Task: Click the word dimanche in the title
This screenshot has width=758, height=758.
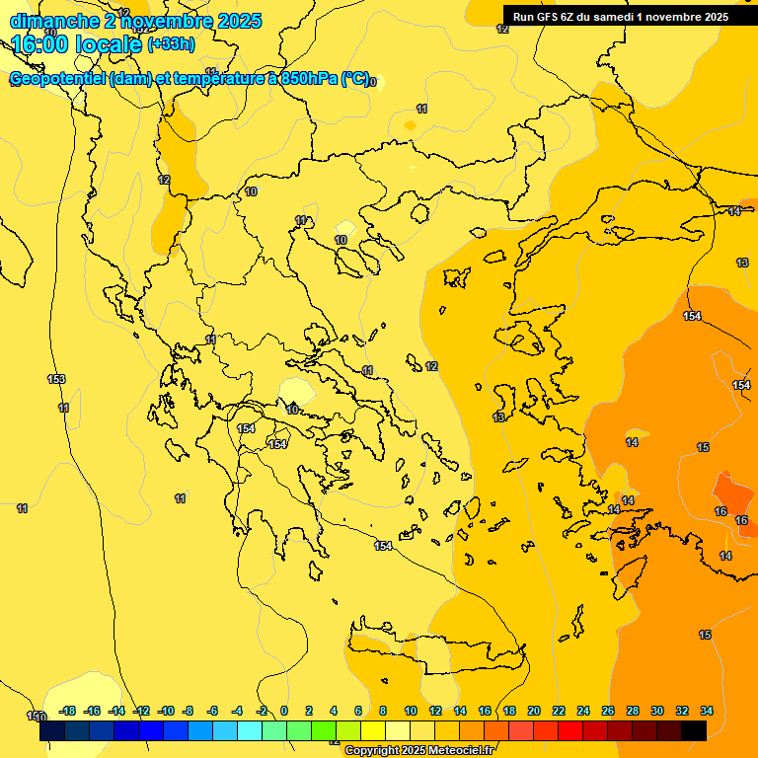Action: tap(52, 21)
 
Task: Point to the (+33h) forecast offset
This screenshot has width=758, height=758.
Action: tap(171, 44)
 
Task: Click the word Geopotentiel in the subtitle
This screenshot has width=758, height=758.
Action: tap(58, 79)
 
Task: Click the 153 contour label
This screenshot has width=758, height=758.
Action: tap(56, 379)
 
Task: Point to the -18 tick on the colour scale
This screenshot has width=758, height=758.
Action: tap(67, 711)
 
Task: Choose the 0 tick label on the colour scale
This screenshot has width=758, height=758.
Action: tap(284, 711)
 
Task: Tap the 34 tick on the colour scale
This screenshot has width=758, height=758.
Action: tap(707, 711)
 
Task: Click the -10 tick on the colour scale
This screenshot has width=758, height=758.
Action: tap(166, 711)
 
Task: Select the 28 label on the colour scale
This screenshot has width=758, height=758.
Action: tap(633, 711)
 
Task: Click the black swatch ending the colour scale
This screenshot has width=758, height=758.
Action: tap(694, 730)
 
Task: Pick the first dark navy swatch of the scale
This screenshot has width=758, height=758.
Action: tap(52, 730)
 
